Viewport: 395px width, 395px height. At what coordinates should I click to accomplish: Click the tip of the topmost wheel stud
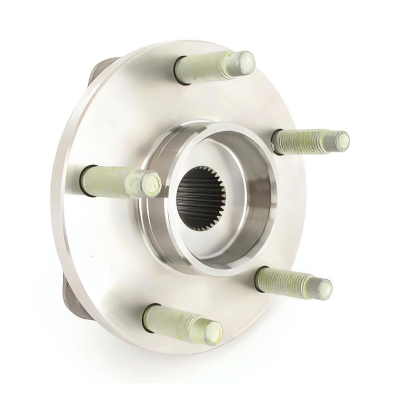pyautogui.click(x=244, y=59)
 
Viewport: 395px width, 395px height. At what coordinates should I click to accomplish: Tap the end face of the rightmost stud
pyautogui.click(x=342, y=138)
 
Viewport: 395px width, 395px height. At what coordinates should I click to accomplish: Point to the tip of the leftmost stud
pyautogui.click(x=151, y=183)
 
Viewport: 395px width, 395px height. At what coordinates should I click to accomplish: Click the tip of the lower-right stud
pyautogui.click(x=325, y=288)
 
